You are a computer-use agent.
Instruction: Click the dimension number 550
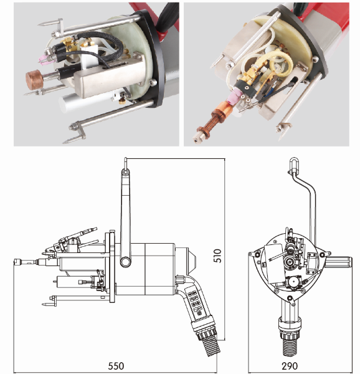click(116, 366)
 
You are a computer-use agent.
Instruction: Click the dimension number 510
click(217, 256)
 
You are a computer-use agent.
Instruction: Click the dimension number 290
click(290, 366)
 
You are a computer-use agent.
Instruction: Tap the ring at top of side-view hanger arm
click(125, 172)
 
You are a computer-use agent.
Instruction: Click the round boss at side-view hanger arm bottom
click(125, 262)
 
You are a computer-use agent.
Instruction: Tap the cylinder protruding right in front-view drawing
click(339, 262)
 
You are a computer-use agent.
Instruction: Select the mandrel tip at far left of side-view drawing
click(18, 261)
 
